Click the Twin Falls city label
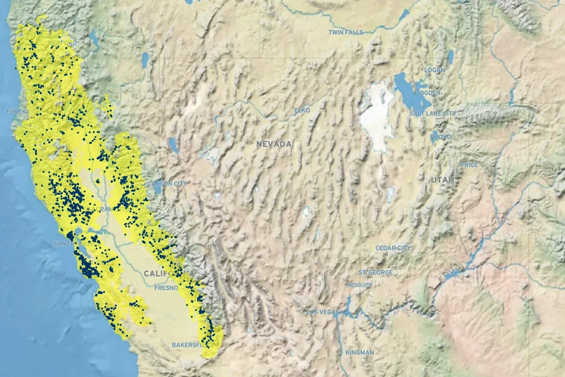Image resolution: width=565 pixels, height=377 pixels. point(345,32)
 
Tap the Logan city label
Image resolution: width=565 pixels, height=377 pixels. point(434,70)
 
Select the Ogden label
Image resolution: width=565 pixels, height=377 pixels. point(430,92)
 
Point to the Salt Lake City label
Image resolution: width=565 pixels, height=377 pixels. point(433,113)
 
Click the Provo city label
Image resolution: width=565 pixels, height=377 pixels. point(440,136)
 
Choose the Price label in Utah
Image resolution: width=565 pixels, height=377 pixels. point(469,165)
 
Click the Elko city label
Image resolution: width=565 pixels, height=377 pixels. point(302,111)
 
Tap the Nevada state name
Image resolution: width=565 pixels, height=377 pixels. point(274,144)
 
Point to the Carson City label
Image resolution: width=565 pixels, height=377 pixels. point(167,183)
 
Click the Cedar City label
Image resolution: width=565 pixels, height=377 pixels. point(393,248)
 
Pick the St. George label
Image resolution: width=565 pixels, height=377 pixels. point(375,273)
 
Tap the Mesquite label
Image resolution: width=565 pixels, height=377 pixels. point(359,285)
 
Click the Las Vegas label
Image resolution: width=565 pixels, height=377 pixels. point(323,312)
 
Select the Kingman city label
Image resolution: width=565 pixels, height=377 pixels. point(359,352)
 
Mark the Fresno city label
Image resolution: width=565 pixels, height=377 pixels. point(166,288)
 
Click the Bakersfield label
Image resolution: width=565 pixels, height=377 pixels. point(188,345)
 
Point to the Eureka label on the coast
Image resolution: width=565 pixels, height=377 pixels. point(18,112)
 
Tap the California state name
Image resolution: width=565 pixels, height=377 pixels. point(166,274)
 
